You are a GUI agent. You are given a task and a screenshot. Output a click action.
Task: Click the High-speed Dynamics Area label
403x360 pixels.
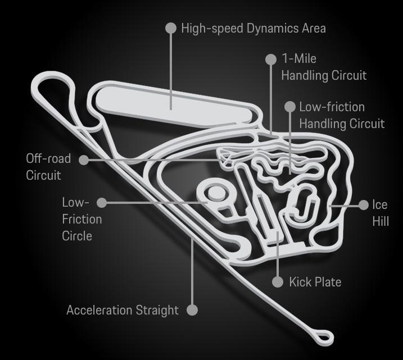tap(253, 28)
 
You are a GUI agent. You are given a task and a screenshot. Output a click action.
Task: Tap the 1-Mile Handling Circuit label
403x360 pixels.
tap(324, 67)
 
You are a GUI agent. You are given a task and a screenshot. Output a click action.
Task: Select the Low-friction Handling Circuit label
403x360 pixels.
tap(341, 115)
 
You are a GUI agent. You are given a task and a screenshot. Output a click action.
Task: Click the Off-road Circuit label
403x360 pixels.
tap(48, 167)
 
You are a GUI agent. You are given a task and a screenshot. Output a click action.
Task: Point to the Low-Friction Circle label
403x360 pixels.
tap(81, 218)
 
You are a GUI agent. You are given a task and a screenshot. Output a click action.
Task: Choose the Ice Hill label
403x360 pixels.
tap(380, 212)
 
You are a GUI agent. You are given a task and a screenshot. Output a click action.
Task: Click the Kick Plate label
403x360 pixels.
tap(315, 281)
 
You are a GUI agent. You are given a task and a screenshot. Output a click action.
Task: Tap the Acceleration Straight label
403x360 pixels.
tap(123, 310)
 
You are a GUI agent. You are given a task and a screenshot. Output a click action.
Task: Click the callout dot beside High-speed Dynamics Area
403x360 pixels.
tap(171, 28)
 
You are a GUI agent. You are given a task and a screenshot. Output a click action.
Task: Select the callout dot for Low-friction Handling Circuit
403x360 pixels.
tap(290, 107)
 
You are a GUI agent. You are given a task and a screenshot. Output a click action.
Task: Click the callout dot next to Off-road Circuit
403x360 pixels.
tap(84, 160)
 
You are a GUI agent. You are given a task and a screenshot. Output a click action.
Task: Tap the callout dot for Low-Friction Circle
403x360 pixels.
tap(102, 202)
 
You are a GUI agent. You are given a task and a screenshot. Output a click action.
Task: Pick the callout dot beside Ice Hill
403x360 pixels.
tap(363, 206)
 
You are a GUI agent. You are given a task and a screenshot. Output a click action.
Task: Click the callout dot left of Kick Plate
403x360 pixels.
tap(278, 281)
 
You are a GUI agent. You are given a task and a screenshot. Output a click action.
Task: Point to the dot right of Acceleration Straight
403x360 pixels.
tap(192, 309)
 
